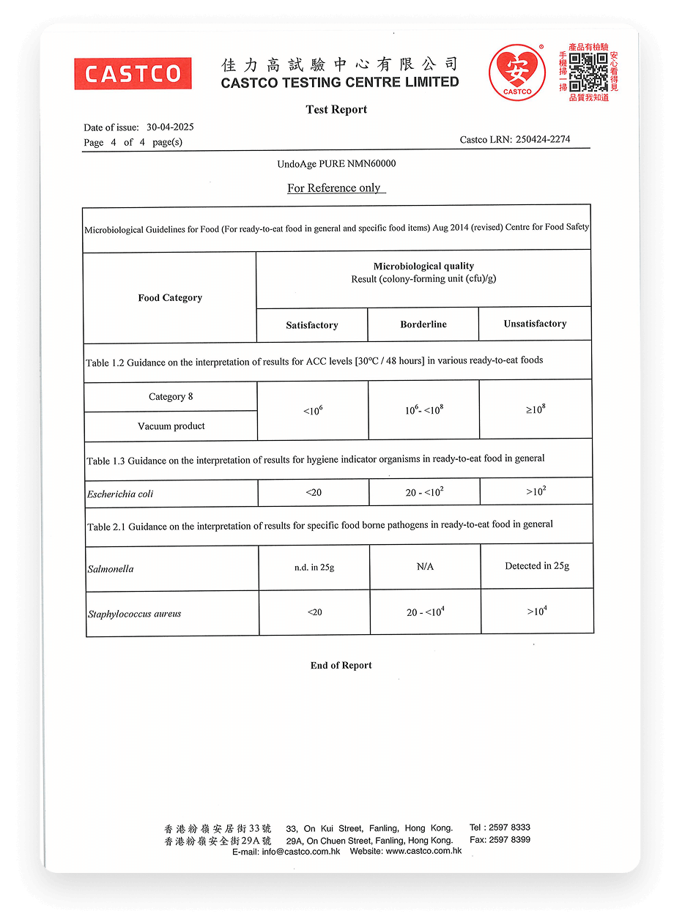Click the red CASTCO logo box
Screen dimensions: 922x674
133,73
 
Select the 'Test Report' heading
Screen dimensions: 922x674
336,110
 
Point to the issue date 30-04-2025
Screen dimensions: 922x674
170,127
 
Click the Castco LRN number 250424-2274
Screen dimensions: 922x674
542,139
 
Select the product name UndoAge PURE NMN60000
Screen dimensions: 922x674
336,164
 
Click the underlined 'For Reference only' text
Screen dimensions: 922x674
334,188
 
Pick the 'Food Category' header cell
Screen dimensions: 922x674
170,297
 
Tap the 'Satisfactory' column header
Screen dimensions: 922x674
312,325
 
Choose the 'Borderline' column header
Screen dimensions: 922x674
423,324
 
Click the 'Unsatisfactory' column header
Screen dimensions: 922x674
535,324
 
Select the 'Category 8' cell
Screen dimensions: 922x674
171,397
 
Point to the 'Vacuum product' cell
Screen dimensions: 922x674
171,426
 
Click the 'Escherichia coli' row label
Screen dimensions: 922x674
121,494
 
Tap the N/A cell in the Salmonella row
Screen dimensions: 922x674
425,567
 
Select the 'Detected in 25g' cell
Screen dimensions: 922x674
537,566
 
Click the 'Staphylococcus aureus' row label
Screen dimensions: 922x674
135,614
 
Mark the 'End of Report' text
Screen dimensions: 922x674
341,666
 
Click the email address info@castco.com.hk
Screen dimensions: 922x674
301,851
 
